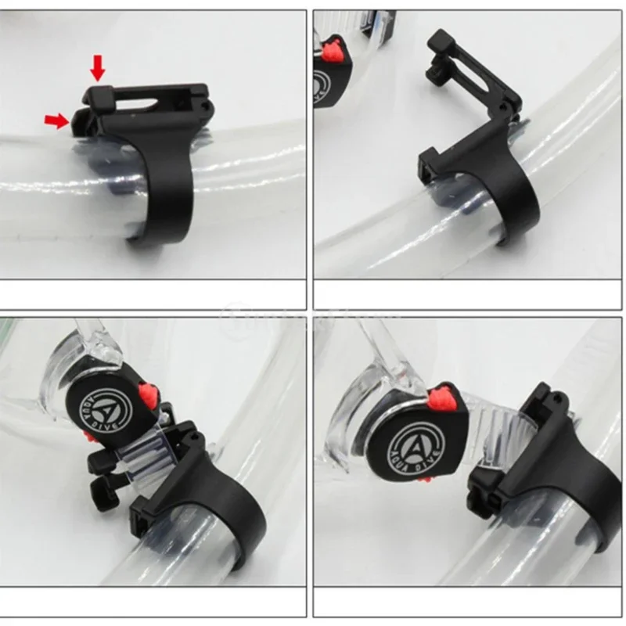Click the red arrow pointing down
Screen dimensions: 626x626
pyautogui.click(x=97, y=68)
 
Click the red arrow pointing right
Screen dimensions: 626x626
pyautogui.click(x=56, y=119)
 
